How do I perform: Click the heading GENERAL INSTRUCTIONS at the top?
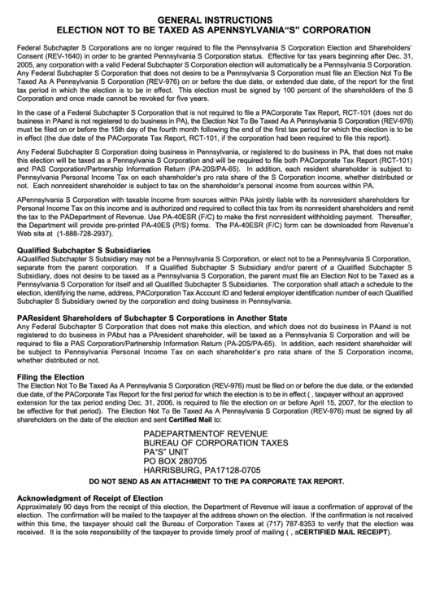(215, 18)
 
